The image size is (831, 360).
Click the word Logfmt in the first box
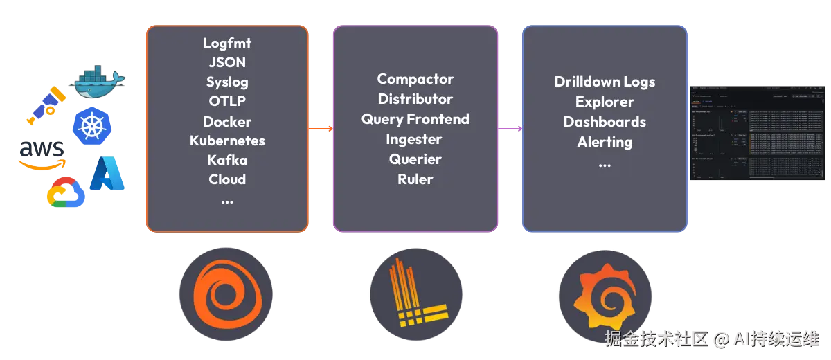[227, 42]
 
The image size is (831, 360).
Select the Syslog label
[227, 82]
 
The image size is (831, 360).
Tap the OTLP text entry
[227, 101]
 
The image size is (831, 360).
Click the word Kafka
[227, 160]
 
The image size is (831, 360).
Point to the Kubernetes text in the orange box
[227, 141]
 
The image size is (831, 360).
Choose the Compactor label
[415, 79]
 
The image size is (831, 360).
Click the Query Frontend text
[415, 119]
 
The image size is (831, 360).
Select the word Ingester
[415, 139]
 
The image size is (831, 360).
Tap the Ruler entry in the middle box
[415, 179]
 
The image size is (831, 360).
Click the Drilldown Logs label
[605, 82]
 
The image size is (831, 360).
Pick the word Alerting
[605, 142]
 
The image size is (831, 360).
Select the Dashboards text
[605, 122]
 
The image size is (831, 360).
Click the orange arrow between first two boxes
[321, 128]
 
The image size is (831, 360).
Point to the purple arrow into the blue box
[510, 128]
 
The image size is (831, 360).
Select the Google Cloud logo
[65, 192]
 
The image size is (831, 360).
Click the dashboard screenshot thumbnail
[758, 132]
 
